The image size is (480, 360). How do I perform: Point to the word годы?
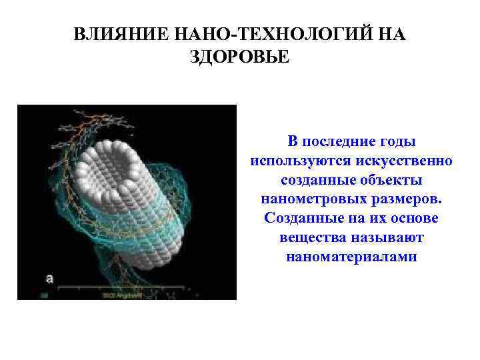tap(393, 142)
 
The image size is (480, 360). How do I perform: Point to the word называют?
tap(385, 238)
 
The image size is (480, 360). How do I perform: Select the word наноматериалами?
tap(351, 257)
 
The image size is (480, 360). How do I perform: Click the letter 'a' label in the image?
tap(49, 278)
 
